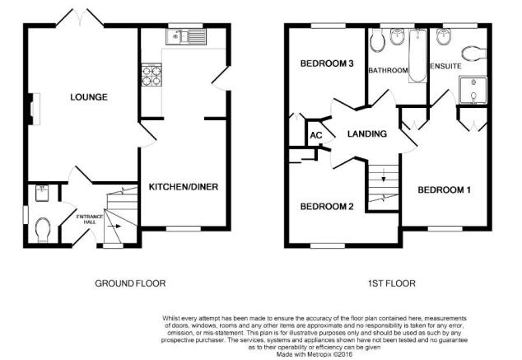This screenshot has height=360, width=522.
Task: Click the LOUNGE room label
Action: click(89, 97)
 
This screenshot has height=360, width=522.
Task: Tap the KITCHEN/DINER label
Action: click(184, 187)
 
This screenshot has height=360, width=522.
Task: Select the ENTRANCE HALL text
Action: click(90, 219)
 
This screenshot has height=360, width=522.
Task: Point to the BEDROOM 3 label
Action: click(327, 63)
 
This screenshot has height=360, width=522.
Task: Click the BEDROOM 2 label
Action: click(327, 207)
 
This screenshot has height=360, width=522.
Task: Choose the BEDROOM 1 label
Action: click(444, 189)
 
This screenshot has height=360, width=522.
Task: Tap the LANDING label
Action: click(367, 134)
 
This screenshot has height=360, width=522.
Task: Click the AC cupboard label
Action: click(316, 135)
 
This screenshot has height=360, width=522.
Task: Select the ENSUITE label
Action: click(445, 66)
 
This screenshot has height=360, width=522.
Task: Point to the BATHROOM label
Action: click(388, 70)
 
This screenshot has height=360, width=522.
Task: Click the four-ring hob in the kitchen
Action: click(151, 75)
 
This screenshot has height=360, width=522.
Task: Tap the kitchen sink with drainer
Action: click(186, 36)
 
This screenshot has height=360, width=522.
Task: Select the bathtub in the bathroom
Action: click(417, 56)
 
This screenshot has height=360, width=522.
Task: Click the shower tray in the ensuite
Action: click(473, 90)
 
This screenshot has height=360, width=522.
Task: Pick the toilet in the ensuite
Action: click(474, 54)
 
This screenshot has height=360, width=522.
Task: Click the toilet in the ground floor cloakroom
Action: click(43, 230)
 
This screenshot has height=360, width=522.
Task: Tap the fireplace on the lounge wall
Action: click(34, 110)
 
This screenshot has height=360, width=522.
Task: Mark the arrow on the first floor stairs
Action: click(384, 175)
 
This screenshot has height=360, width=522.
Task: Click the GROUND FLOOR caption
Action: click(130, 283)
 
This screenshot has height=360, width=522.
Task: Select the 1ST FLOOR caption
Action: click(392, 283)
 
